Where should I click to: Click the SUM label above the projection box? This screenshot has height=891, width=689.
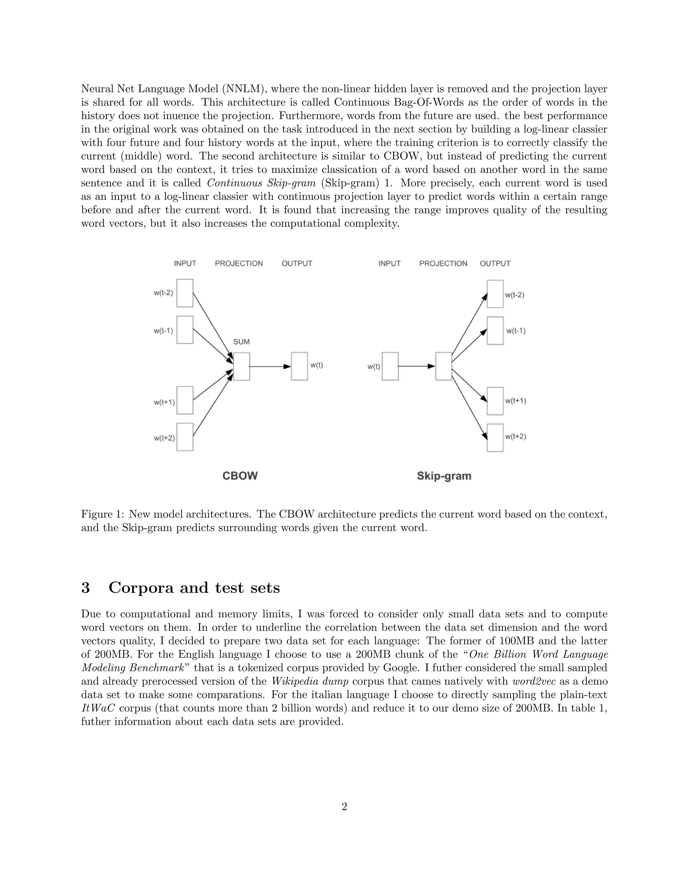[241, 342]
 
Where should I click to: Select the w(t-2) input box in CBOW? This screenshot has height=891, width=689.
[185, 293]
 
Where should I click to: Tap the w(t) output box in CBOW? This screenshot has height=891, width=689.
[299, 366]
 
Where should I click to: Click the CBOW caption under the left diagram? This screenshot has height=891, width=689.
[240, 476]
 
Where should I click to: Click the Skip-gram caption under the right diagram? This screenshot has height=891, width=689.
[444, 476]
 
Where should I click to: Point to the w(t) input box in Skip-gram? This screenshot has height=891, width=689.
[390, 366]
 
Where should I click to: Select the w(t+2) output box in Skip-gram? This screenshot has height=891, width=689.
[495, 438]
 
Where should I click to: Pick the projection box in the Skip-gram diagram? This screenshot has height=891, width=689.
[443, 366]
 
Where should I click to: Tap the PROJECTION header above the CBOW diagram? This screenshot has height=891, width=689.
[239, 264]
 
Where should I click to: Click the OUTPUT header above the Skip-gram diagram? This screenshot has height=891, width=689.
[495, 264]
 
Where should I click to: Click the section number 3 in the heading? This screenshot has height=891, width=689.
[85, 588]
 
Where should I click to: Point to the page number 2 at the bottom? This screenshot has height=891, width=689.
[344, 807]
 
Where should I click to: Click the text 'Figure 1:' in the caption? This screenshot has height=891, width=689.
[103, 514]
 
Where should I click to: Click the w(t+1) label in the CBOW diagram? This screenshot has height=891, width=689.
[164, 402]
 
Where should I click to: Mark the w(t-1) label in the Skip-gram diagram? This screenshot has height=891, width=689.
[516, 331]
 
